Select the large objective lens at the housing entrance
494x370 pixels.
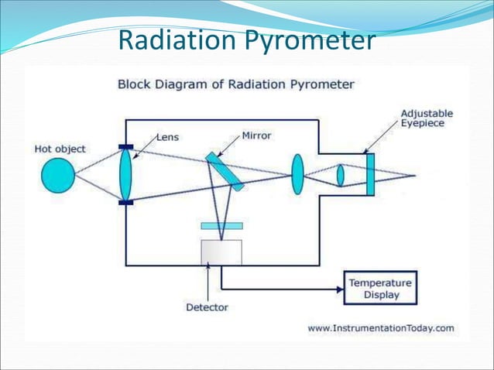tap(125, 174)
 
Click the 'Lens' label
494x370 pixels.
tap(168, 136)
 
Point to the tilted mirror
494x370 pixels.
tap(225, 171)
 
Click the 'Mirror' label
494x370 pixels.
tap(256, 135)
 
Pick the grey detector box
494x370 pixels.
tap(221, 252)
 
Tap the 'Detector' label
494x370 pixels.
tap(207, 307)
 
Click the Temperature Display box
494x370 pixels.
tap(379, 289)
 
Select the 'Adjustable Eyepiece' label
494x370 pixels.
tap(427, 118)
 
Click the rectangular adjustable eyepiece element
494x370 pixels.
tap(370, 175)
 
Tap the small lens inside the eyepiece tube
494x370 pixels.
tap(340, 175)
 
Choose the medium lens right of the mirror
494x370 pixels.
tap(297, 174)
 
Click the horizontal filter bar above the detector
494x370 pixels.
tap(221, 226)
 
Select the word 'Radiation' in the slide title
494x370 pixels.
tap(177, 41)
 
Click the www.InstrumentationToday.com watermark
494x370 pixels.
tap(381, 327)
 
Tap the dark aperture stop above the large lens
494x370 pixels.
tap(125, 146)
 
